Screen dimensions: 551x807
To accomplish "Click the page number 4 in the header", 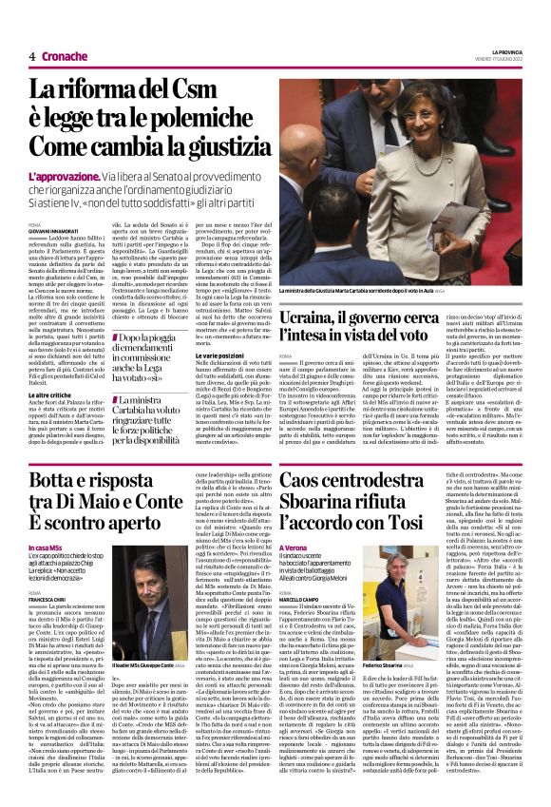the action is click(x=32, y=56).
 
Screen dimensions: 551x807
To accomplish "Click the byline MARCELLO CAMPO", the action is click(x=301, y=599).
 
